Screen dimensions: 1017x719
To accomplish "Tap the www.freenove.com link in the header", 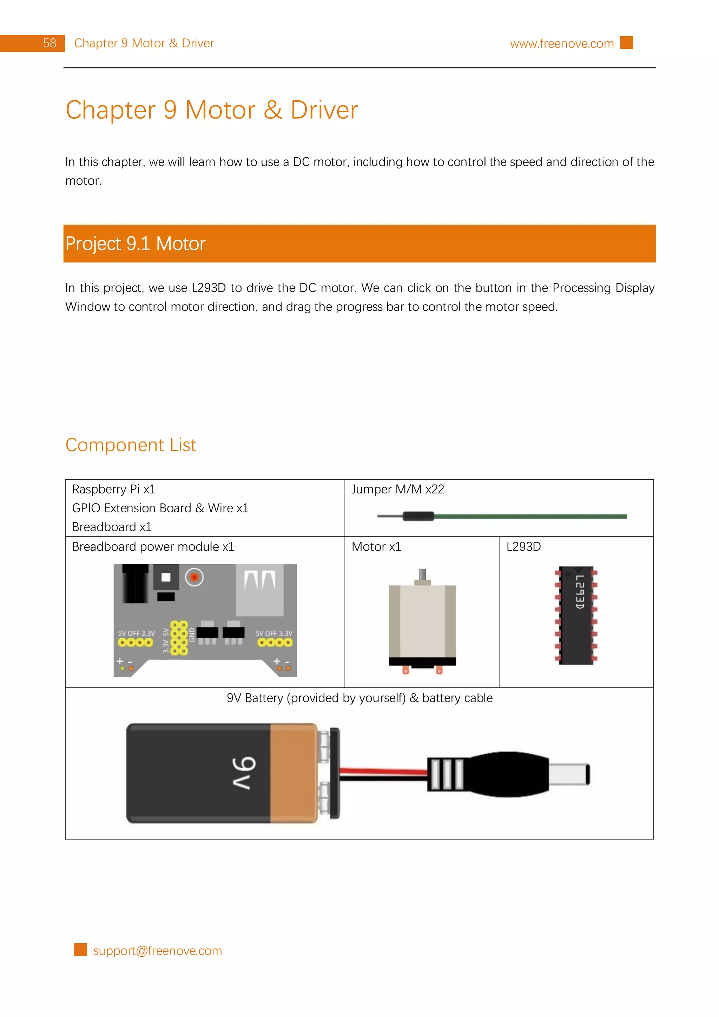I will [561, 44].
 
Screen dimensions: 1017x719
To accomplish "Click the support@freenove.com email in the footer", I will [157, 951].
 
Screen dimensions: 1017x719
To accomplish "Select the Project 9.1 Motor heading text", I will [135, 244].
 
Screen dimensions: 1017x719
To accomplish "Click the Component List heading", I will [131, 445].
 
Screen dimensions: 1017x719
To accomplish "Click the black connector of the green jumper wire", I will [418, 516].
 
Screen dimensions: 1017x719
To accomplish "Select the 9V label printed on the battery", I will [244, 773].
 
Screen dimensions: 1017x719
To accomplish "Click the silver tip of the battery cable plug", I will [569, 774].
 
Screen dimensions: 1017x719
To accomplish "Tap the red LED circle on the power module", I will [194, 577].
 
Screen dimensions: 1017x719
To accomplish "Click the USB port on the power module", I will [259, 589].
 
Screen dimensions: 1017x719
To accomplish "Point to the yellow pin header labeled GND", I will [179, 638].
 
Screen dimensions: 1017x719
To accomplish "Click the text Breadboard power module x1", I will [153, 547].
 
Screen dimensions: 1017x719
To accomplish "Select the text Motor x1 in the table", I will [376, 547].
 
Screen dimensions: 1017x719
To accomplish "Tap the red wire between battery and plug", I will [383, 771].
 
